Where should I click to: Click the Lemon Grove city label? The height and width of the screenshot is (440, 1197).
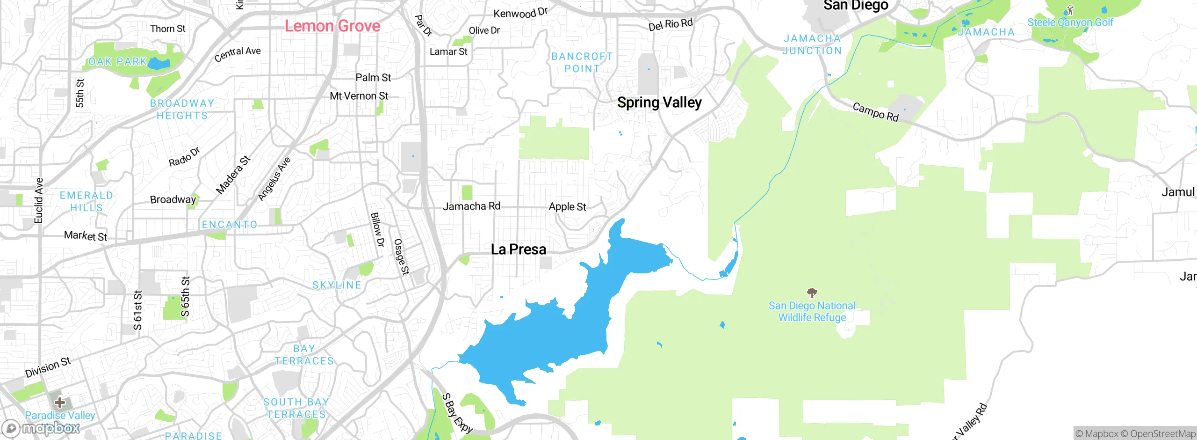pos(332,26)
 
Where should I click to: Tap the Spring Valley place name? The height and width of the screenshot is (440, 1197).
pos(659,102)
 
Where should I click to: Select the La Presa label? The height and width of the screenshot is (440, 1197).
pos(519,249)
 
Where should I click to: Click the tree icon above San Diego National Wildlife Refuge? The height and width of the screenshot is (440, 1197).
pos(812,293)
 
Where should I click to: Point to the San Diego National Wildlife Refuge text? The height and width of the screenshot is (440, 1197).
pos(812,311)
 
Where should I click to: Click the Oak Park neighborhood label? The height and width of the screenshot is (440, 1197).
pos(118,61)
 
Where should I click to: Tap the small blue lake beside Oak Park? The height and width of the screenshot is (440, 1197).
pos(159,64)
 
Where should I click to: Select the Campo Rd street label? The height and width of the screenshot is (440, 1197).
pos(875,112)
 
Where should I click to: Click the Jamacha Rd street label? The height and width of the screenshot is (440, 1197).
pos(471,206)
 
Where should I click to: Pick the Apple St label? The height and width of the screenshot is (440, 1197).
pos(567,206)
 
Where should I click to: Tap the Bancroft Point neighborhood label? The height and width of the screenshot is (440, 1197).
pos(582,62)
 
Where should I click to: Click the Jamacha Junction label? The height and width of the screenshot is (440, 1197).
pos(812,44)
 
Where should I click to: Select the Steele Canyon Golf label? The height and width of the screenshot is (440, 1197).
pos(1070,22)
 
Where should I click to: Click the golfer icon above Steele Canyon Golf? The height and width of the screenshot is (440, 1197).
pos(1070,9)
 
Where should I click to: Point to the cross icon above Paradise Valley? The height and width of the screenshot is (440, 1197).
pos(60,402)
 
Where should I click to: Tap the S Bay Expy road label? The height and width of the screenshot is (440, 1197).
pos(457,413)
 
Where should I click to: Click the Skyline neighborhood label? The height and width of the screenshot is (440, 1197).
pos(337,285)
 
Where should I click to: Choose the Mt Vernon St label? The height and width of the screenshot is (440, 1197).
pos(359,96)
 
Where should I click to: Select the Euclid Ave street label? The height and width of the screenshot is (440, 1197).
pos(39,200)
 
